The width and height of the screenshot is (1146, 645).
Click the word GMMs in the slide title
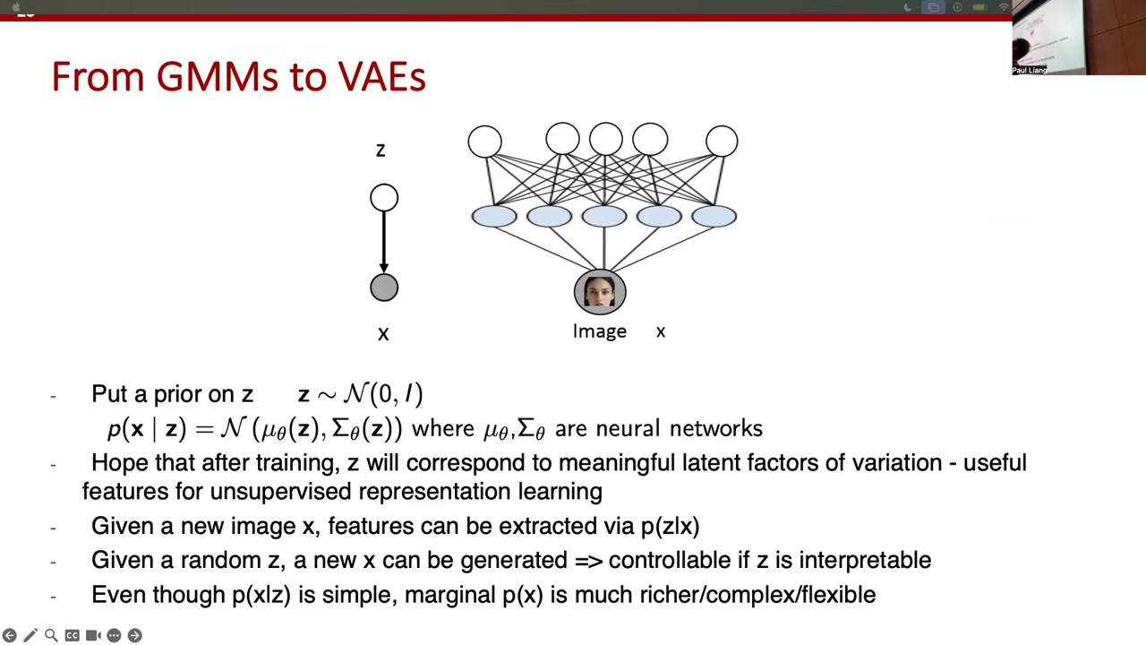tap(218, 77)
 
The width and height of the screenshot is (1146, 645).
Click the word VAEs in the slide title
tap(381, 77)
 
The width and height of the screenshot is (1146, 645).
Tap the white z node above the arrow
tap(384, 198)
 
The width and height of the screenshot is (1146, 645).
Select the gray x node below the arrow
tap(384, 288)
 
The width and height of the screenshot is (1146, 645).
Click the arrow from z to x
tap(384, 242)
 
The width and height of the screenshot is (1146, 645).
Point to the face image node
tap(600, 292)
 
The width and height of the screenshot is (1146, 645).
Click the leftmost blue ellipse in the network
tap(494, 216)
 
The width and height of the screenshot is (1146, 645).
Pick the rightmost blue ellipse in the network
tap(714, 216)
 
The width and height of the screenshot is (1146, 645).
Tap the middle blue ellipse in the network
tap(604, 216)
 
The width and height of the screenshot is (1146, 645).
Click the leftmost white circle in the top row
tap(485, 142)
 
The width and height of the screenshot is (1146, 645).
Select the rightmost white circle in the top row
tap(722, 142)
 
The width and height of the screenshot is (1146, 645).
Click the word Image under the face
tap(600, 331)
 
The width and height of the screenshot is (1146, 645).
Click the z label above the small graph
tap(381, 150)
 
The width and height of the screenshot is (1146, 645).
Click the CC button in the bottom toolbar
tap(73, 635)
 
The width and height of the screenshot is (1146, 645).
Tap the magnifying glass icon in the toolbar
tap(51, 635)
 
